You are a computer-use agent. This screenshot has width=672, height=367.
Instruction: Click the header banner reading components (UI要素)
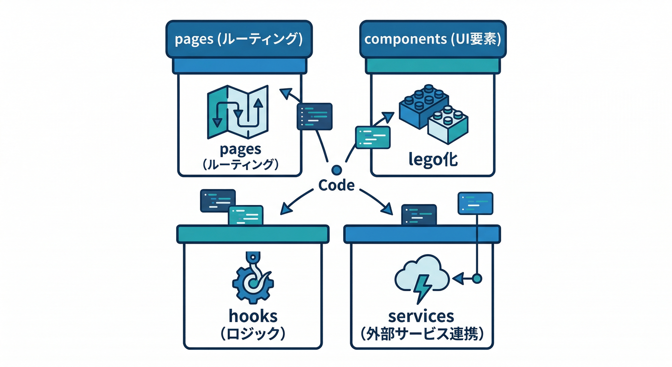click(432, 39)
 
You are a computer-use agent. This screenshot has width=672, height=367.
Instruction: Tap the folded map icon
click(237, 113)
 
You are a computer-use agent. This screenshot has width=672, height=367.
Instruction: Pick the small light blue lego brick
click(447, 126)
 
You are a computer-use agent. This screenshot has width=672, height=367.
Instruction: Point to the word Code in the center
click(336, 185)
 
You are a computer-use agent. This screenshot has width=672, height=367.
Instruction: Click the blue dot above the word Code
click(336, 170)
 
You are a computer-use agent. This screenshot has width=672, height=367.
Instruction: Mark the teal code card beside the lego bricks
click(373, 137)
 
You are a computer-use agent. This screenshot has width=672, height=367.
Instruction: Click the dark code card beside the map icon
click(315, 116)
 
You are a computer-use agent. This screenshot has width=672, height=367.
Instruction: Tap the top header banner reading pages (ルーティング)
click(239, 39)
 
